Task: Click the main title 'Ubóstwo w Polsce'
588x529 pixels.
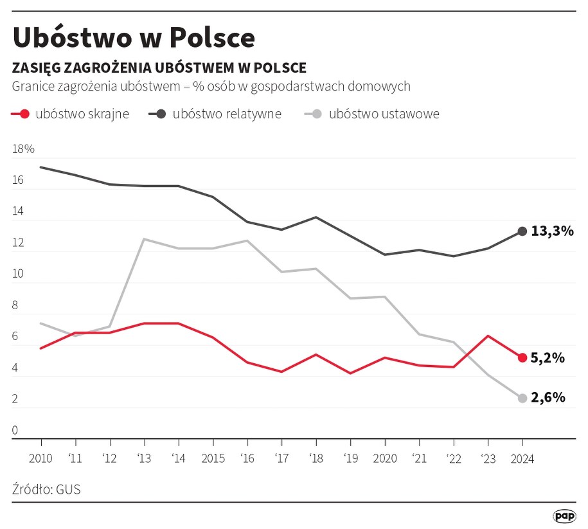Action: [134, 38]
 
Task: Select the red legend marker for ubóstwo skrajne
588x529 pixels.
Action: [24, 114]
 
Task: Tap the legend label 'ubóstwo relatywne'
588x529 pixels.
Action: [227, 114]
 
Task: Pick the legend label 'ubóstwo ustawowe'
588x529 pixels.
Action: [384, 114]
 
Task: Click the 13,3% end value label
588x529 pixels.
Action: [552, 231]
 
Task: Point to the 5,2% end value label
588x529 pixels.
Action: [548, 358]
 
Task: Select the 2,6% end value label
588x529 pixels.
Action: [548, 398]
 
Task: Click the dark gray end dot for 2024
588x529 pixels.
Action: [522, 231]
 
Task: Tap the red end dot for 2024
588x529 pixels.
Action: [522, 358]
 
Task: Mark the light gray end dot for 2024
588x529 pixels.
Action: [522, 399]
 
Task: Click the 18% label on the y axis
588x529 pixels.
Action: [23, 149]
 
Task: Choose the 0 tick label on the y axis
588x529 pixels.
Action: [15, 431]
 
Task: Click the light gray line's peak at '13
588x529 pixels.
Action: [144, 239]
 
